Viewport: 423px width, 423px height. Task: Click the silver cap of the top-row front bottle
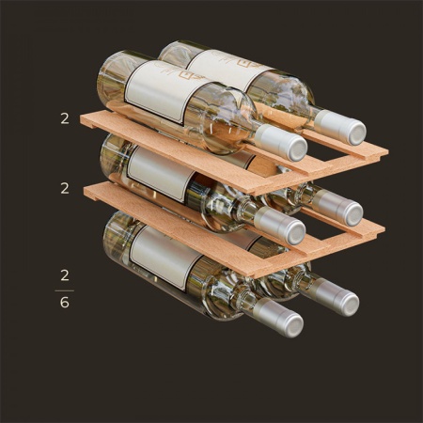coord(281,143)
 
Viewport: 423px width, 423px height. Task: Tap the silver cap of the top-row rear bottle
coord(339,127)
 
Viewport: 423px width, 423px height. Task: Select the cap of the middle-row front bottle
coord(279,226)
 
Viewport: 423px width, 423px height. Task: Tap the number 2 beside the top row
coord(65,118)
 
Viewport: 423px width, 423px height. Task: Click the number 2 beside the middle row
coord(65,188)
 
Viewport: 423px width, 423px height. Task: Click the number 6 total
coord(65,303)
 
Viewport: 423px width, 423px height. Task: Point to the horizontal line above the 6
coord(65,290)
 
